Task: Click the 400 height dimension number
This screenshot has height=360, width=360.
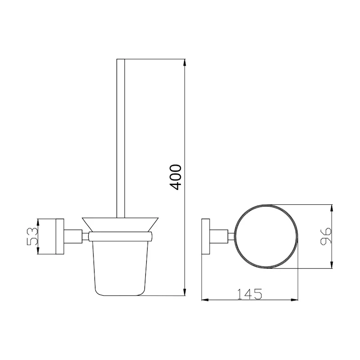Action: [175, 177]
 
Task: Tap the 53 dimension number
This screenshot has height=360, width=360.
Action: [32, 237]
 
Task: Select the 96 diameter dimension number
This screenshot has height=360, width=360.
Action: [326, 237]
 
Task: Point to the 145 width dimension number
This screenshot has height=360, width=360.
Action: [249, 294]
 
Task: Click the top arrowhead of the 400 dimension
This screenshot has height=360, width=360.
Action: [184, 63]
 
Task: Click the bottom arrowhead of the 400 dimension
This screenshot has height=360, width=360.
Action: [184, 292]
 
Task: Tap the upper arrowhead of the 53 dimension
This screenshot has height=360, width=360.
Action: [38, 222]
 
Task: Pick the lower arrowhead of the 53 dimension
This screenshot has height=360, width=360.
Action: [38, 251]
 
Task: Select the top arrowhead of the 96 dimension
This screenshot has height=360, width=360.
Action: [331, 208]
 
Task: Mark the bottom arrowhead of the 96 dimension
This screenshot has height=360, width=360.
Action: [331, 265]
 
